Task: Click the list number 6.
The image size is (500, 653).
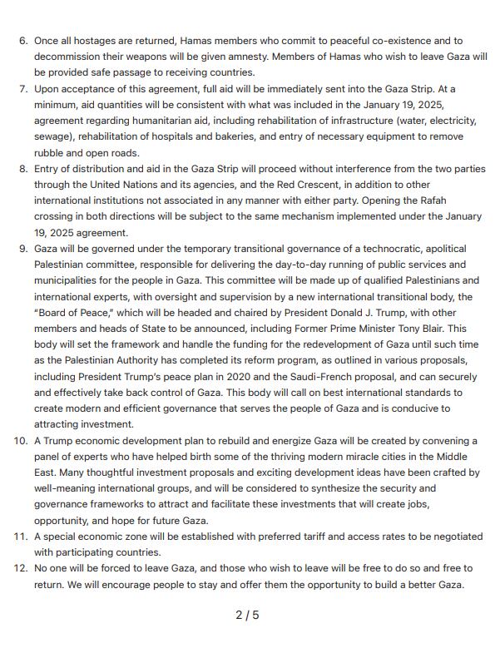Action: tap(22, 41)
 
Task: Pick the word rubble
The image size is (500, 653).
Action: tap(51, 153)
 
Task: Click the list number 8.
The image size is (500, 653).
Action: tap(22, 169)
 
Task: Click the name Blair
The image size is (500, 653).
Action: tap(428, 329)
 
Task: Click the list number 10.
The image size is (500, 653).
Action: tap(21, 441)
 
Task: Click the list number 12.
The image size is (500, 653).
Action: tap(21, 568)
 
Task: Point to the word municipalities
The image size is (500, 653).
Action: tap(71, 280)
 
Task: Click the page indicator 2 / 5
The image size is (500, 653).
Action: tap(248, 616)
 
